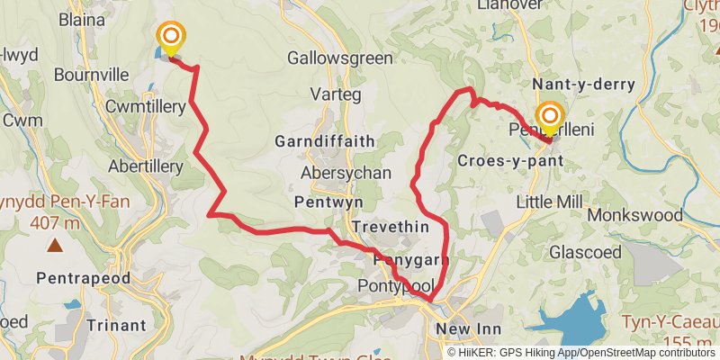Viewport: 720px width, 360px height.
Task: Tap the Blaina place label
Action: click(83, 18)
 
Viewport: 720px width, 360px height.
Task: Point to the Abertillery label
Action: click(145, 166)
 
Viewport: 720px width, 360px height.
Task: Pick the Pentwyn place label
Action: click(327, 204)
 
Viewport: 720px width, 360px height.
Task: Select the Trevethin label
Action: click(391, 227)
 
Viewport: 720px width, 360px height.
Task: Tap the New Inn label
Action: click(464, 329)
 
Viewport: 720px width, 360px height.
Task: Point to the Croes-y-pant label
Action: click(510, 161)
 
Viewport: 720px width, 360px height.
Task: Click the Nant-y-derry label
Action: click(583, 84)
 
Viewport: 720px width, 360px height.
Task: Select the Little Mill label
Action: click(550, 203)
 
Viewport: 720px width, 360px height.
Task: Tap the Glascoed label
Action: click(580, 251)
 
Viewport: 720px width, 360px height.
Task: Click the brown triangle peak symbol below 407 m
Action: click(56, 244)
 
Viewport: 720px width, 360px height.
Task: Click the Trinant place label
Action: click(116, 325)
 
